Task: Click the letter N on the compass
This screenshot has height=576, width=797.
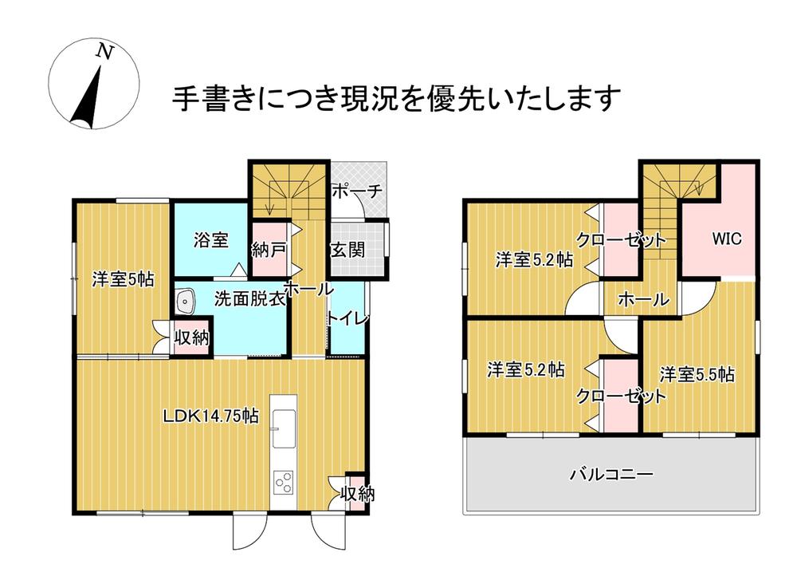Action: (x=105, y=52)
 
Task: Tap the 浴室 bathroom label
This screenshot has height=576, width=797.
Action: (x=211, y=239)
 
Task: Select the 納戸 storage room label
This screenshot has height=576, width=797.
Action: (x=269, y=250)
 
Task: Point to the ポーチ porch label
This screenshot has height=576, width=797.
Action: (x=357, y=191)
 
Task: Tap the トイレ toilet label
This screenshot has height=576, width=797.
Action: (x=347, y=319)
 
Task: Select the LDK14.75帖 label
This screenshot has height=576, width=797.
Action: (x=211, y=416)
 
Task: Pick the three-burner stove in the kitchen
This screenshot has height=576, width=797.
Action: (x=284, y=482)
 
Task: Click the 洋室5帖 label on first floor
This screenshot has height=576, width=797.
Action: (x=123, y=279)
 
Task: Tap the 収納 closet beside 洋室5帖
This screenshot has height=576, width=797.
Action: (x=191, y=337)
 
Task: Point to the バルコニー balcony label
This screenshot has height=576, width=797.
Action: (x=611, y=475)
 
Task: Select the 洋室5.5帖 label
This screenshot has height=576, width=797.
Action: (x=697, y=374)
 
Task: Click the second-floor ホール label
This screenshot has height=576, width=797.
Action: (x=643, y=299)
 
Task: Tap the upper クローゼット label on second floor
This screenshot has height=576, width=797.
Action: (x=621, y=239)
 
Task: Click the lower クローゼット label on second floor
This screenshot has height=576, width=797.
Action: (x=621, y=396)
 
